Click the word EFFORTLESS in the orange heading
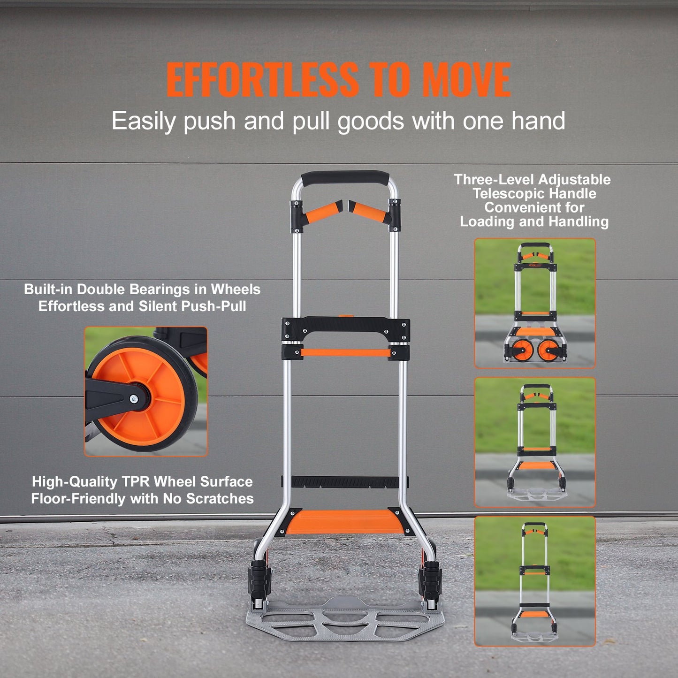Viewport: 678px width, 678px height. coord(262,80)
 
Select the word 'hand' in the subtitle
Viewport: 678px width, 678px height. coord(538,121)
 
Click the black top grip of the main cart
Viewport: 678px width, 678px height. coord(345,178)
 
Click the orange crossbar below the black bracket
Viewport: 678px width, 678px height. coord(345,352)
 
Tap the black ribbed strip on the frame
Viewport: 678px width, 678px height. coord(345,481)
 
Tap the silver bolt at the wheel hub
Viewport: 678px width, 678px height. coord(134,399)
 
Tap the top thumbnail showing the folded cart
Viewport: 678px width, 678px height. coord(535,303)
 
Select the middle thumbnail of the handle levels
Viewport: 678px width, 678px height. coord(535,442)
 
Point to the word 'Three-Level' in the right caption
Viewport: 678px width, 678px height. coord(494,180)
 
